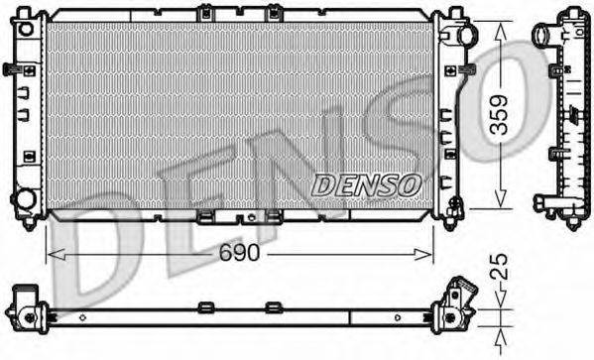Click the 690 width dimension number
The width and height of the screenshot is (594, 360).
pyautogui.click(x=239, y=253)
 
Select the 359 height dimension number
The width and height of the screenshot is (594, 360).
pyautogui.click(x=503, y=116)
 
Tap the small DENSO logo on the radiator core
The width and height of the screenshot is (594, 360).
pyautogui.click(x=368, y=184)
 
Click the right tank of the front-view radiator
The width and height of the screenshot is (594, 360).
pyautogui.click(x=449, y=114)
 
